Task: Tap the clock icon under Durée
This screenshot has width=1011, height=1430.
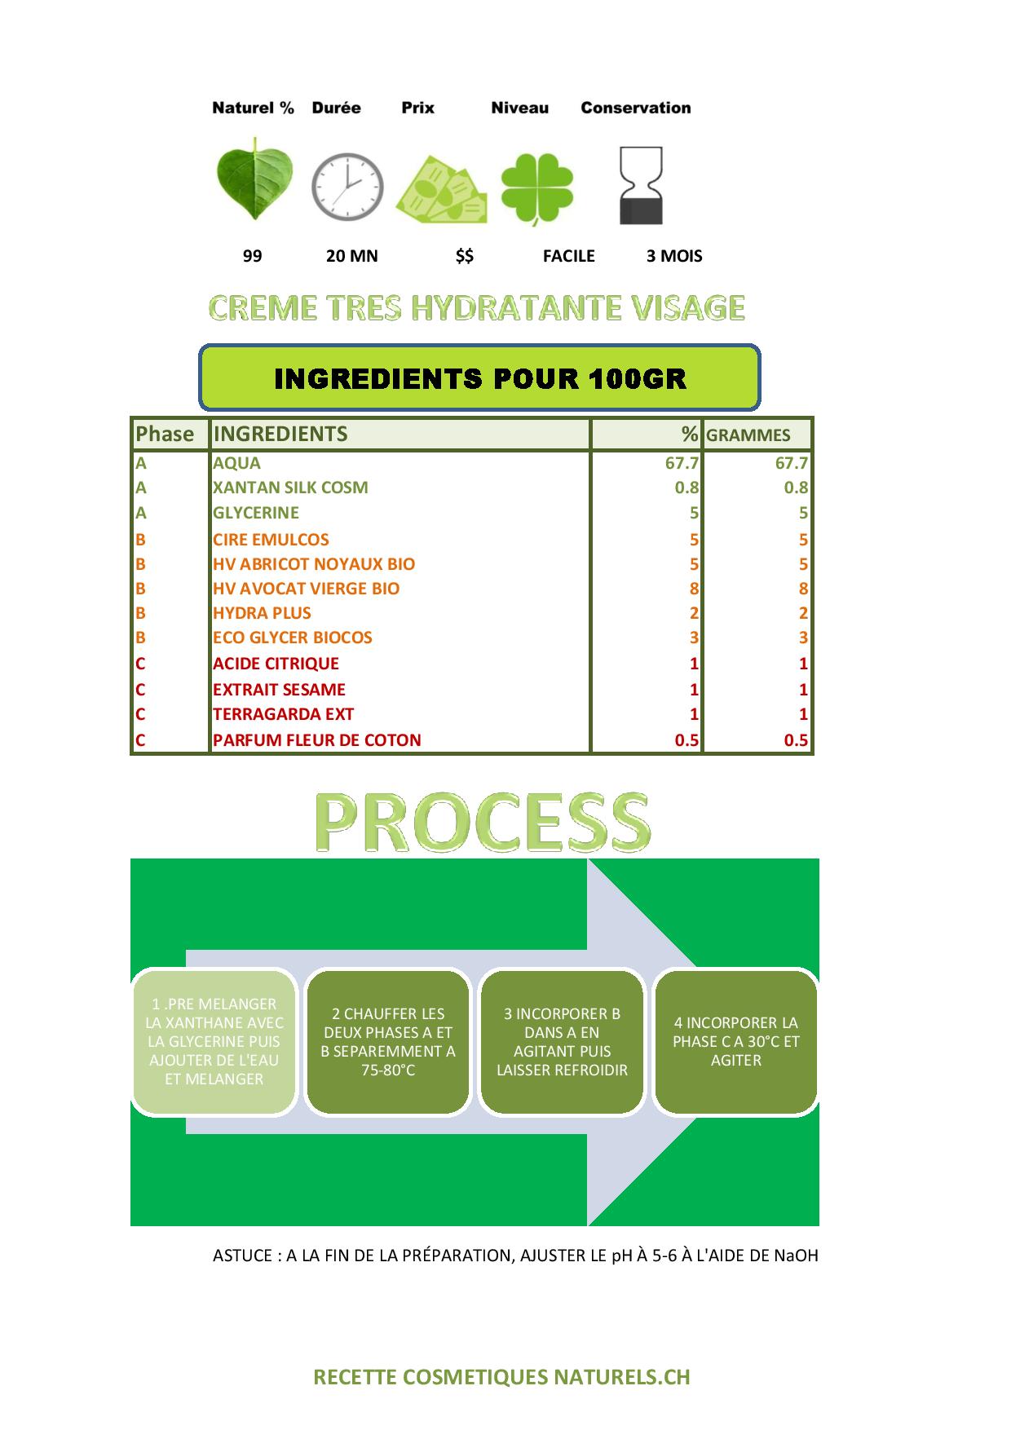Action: [347, 185]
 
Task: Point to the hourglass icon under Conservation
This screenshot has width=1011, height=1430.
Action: [642, 186]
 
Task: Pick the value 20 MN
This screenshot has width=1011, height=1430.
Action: [352, 256]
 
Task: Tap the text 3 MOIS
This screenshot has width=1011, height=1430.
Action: [674, 256]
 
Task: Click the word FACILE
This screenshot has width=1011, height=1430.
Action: [569, 256]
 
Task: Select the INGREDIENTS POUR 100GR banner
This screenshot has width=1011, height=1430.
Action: [480, 377]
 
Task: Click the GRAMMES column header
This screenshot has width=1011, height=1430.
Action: [748, 435]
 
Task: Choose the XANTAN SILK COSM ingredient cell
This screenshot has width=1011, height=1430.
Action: [290, 488]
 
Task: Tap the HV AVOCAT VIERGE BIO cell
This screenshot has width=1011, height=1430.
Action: [307, 589]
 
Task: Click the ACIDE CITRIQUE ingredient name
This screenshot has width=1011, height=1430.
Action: [276, 664]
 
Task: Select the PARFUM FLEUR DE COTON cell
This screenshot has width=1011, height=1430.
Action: [317, 740]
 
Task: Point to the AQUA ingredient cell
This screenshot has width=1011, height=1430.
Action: [236, 463]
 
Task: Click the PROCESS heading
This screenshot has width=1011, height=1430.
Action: [483, 821]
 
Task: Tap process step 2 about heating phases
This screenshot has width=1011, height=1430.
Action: [388, 1041]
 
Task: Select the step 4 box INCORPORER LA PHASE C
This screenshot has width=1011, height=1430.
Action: [736, 1041]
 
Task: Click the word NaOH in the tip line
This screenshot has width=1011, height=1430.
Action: [797, 1256]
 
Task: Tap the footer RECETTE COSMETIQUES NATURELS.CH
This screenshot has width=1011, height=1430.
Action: [502, 1377]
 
